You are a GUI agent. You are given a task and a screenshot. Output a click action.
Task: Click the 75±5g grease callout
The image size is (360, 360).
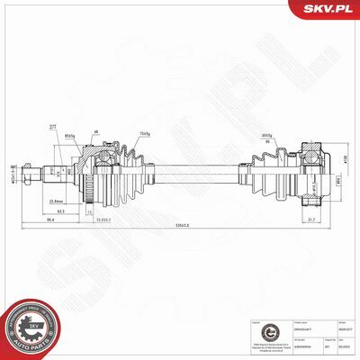point(145,134)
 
